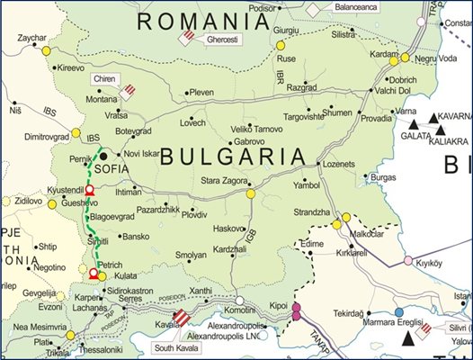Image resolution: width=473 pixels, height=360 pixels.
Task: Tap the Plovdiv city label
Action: [194, 216]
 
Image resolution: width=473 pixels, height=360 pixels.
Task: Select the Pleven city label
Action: [201, 92]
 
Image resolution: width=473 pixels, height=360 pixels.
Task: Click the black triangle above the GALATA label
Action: [414, 123]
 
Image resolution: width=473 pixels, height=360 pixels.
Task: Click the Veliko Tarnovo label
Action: [257, 130]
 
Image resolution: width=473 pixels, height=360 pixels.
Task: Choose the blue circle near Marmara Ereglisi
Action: [398, 312]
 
